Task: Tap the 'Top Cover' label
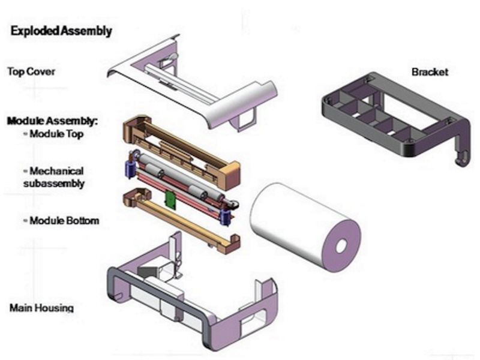31,71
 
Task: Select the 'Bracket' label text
430,72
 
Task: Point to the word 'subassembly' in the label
54,184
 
